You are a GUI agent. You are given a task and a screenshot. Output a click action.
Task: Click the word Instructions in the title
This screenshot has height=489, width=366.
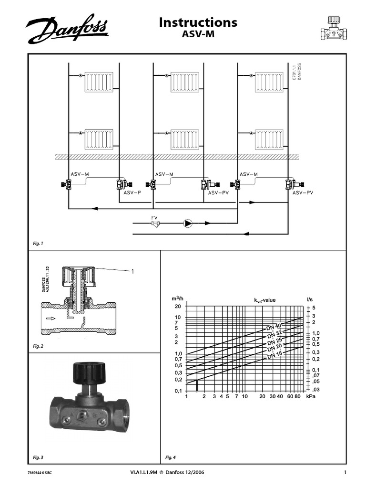[198, 22]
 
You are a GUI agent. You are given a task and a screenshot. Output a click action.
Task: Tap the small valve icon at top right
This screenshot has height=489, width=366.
[334, 29]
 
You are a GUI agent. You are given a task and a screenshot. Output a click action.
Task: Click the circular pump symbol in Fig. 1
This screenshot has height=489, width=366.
[189, 223]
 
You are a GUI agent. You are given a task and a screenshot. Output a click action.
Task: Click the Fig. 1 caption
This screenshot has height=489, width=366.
[38, 244]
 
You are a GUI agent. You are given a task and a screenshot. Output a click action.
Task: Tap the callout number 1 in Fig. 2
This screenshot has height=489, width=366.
[132, 271]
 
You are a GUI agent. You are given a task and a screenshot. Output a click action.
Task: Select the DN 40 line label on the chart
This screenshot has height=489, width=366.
[274, 327]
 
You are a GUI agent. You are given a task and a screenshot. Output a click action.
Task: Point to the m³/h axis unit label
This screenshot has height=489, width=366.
[177, 299]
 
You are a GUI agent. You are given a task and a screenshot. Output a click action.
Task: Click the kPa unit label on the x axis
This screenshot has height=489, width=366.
[311, 397]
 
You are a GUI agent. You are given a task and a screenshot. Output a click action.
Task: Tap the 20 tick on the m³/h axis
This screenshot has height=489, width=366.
[178, 307]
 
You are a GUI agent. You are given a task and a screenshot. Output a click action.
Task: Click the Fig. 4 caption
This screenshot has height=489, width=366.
[170, 457]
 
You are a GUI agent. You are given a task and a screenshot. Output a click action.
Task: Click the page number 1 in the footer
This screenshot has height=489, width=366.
[344, 473]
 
